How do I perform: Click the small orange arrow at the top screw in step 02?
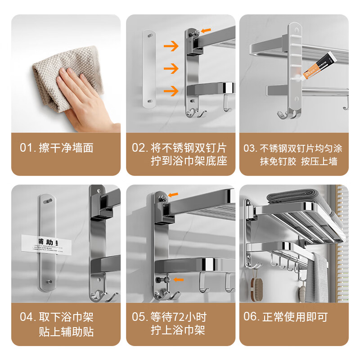[x=207, y=30]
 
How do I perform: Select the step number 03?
[x=250, y=148]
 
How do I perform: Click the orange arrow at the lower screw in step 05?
[x=179, y=279]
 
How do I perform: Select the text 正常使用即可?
[x=297, y=316]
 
